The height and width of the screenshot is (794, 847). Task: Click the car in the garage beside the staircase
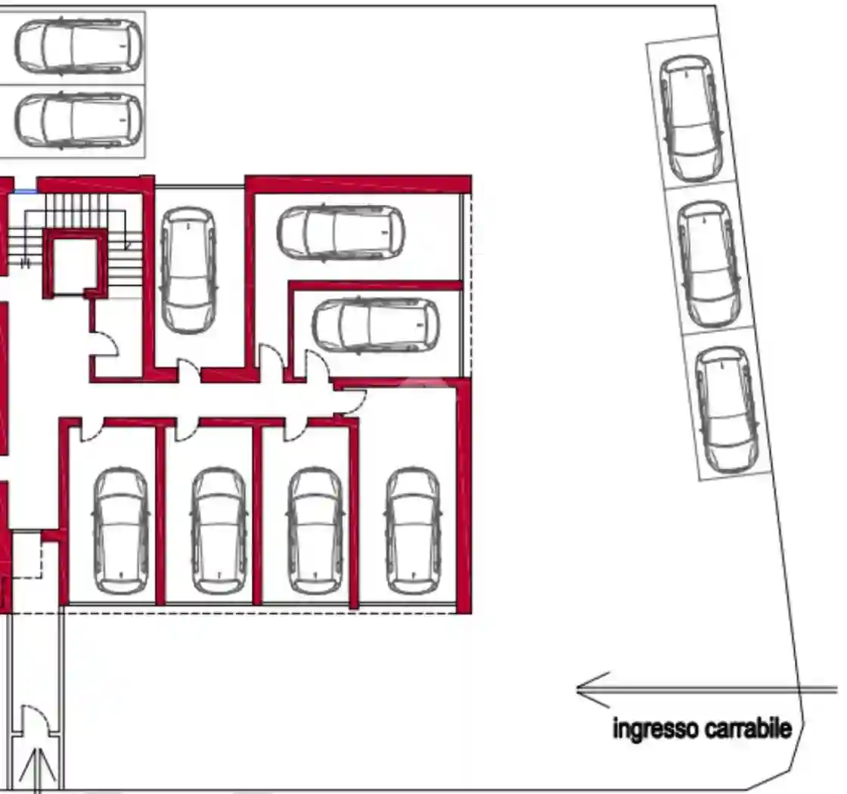coord(188,271)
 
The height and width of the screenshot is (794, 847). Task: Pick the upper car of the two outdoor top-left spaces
coord(79,46)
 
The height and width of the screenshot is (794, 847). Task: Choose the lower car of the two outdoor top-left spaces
coord(79,120)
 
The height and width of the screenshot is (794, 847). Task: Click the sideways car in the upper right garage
coord(341,232)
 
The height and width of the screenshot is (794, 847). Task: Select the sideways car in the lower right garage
coord(376,326)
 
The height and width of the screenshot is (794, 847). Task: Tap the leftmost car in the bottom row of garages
coord(121,531)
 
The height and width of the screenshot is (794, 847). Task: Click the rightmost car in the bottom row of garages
coord(413,531)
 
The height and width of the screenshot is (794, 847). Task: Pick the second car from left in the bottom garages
coord(219,531)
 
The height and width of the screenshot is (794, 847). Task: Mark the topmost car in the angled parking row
coord(692,118)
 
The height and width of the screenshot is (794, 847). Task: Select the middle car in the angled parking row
coord(709,264)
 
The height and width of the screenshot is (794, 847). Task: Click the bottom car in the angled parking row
coord(726,410)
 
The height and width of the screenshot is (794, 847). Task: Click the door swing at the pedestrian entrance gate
coord(37,719)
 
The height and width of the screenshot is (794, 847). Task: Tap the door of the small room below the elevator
coord(106,344)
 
